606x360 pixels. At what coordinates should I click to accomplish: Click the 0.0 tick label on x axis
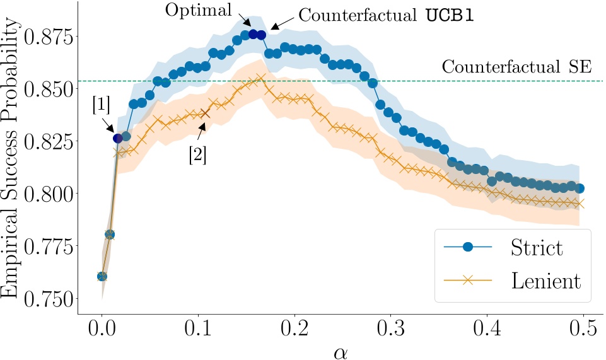point(102,329)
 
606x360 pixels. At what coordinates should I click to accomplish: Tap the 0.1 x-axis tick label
point(198,329)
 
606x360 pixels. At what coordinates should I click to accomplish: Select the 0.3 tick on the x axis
point(391,329)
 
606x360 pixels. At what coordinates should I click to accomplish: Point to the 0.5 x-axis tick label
point(584,329)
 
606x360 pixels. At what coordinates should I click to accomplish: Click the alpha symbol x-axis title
point(341,351)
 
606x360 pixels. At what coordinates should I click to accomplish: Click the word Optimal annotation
point(197,10)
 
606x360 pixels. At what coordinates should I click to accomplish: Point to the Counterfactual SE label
point(516,67)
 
